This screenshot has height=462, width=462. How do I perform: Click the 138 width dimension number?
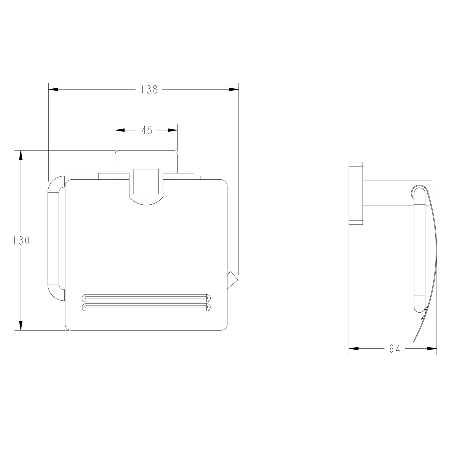[149, 89]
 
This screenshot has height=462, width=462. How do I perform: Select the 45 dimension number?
[147, 130]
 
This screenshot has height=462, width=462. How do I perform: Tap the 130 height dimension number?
[21, 241]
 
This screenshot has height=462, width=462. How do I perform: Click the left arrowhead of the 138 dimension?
[53, 89]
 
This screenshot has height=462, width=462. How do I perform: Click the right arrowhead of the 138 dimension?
[234, 89]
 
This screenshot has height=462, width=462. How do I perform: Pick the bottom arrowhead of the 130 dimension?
[21, 326]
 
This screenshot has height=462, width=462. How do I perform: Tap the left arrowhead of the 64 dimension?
[354, 349]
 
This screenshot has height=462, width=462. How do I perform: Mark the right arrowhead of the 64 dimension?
[432, 349]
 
